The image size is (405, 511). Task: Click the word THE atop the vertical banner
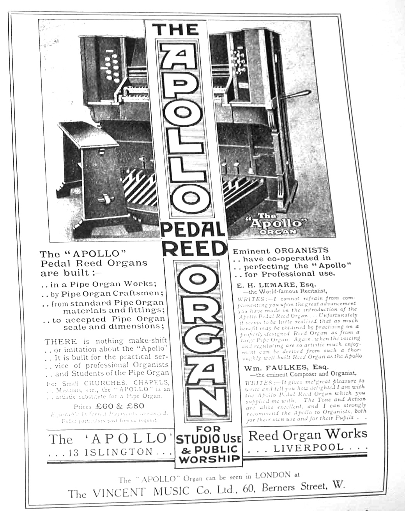[x=175, y=30]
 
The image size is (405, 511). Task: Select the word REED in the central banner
[x=193, y=248]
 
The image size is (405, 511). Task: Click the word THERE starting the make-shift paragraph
[x=58, y=341]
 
